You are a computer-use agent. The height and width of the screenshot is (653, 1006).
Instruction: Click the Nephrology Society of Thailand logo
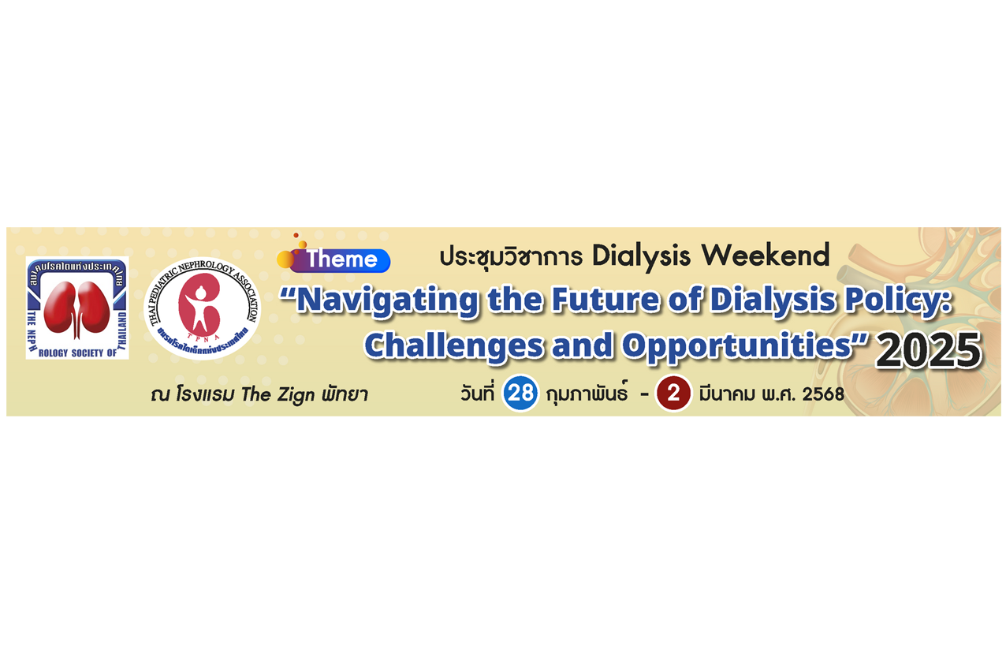coord(77,308)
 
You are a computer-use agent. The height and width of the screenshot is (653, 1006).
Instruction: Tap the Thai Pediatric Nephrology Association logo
coord(202,308)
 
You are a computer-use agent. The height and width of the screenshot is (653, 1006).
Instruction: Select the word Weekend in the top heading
coord(766,255)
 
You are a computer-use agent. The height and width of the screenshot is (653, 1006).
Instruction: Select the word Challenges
coord(453,346)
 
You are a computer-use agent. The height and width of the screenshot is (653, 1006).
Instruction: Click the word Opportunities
coord(737,346)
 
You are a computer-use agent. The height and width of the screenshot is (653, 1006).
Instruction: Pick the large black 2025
coord(928,351)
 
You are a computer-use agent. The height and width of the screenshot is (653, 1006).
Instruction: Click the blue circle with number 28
coord(520,393)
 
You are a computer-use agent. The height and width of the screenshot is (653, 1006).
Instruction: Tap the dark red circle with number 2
coord(673,394)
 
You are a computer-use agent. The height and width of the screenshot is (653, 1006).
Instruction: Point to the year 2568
coord(823,394)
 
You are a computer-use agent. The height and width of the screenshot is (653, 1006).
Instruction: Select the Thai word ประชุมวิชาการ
coord(511,256)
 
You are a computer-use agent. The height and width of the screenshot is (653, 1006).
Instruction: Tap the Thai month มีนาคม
coord(727,394)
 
